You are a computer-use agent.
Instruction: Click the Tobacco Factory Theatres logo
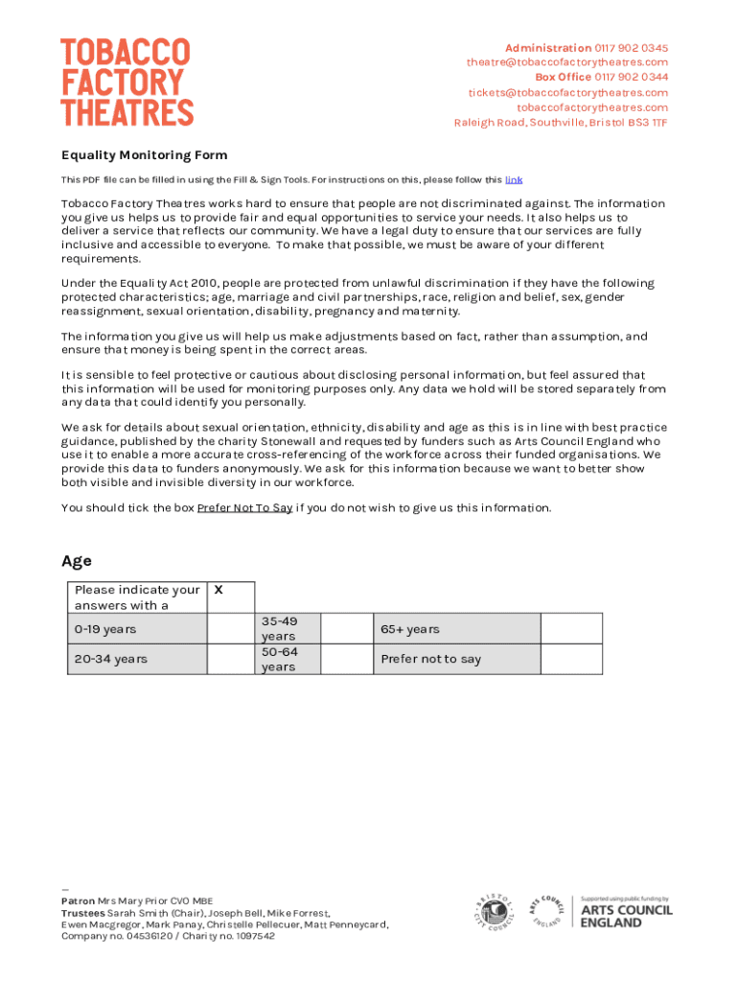tap(127, 82)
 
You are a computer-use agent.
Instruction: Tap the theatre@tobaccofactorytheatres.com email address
tap(567, 62)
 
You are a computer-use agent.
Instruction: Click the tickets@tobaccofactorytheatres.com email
tap(568, 92)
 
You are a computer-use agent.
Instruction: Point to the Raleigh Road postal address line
tap(561, 123)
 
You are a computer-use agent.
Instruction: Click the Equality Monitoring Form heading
tap(145, 155)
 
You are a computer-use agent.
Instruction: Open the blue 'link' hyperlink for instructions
tap(514, 180)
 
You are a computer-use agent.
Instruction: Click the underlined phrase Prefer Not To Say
tap(244, 508)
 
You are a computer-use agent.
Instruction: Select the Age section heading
tap(77, 561)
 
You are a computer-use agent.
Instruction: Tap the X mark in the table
tap(219, 591)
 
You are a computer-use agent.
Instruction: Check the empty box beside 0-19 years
tap(230, 629)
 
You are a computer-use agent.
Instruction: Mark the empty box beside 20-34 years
tap(230, 659)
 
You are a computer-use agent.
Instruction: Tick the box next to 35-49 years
tap(346, 629)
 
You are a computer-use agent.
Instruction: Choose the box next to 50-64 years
tap(346, 659)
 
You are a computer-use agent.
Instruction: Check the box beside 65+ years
tap(571, 629)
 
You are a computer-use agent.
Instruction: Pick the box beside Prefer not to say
tap(571, 659)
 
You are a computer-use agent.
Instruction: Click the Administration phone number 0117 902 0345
tap(632, 48)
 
